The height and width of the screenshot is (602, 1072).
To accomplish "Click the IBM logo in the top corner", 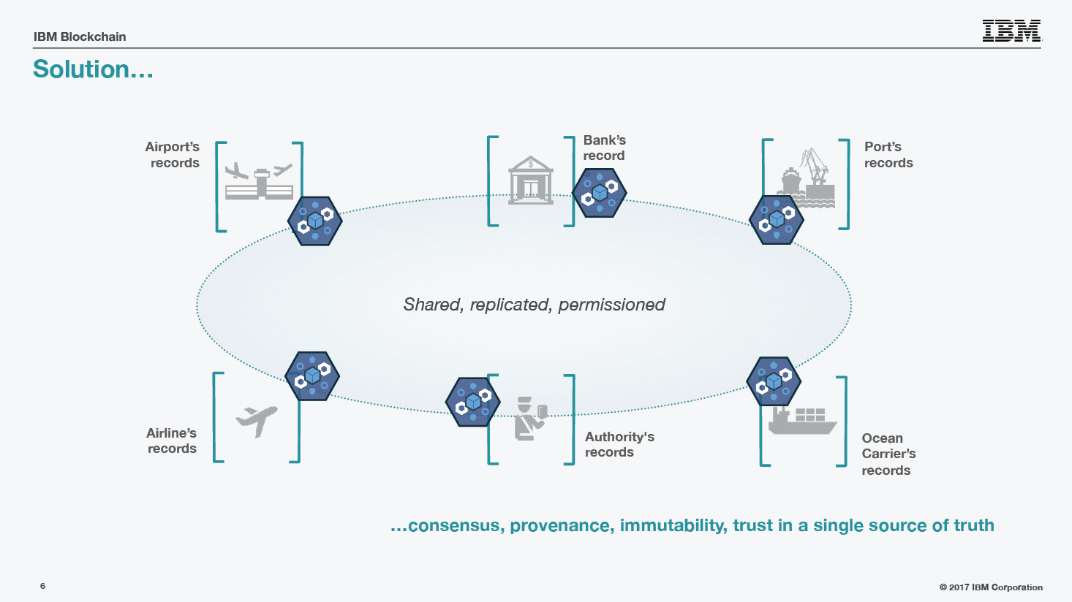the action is click(x=1012, y=31).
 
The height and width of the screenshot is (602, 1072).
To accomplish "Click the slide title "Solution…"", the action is click(x=93, y=69).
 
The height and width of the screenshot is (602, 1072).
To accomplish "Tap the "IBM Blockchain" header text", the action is click(x=80, y=37).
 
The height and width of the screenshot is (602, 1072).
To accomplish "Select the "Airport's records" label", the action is click(x=173, y=154).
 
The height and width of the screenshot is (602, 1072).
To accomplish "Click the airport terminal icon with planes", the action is click(x=259, y=181).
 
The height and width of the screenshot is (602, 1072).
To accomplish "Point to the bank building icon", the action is click(x=530, y=180).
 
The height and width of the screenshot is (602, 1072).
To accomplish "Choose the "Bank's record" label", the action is click(x=605, y=148).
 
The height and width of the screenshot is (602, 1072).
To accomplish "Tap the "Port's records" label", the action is click(x=888, y=154).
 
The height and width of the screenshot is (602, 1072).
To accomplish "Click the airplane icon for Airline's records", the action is click(x=257, y=421).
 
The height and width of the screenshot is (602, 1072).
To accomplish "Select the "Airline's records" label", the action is click(x=171, y=441).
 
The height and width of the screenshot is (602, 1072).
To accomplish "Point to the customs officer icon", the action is click(x=530, y=419).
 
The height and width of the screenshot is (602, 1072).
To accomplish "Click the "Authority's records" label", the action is click(x=619, y=444).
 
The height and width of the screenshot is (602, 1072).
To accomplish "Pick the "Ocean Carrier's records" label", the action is click(x=888, y=454).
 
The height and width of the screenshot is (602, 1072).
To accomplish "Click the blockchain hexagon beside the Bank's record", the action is click(x=599, y=193).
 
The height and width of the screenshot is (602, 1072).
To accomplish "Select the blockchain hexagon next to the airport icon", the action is click(x=314, y=221).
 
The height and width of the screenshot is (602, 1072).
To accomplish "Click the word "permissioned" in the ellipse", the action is click(x=611, y=305).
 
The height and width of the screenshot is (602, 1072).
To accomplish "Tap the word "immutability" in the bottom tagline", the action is click(x=673, y=525).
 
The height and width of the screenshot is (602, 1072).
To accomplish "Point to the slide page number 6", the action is click(x=42, y=586).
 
